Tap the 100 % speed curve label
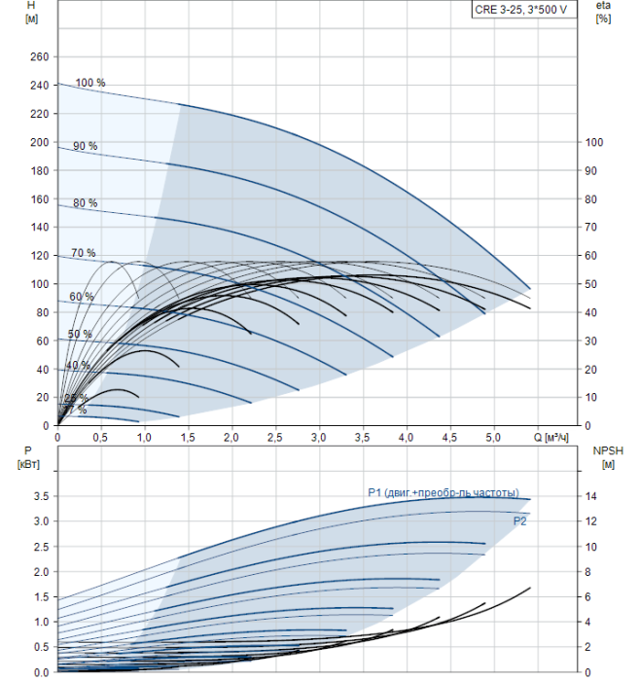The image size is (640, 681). pyautogui.click(x=90, y=83)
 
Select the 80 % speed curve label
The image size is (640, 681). pyautogui.click(x=86, y=203)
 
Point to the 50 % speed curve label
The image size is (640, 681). pyautogui.click(x=80, y=335)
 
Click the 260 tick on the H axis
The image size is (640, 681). pyautogui.click(x=39, y=57)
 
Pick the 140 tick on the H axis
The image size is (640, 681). pyautogui.click(x=39, y=227)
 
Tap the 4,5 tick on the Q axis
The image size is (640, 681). pyautogui.click(x=449, y=439)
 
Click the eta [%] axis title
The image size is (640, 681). pyautogui.click(x=603, y=13)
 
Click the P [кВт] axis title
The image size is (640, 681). pyautogui.click(x=26, y=456)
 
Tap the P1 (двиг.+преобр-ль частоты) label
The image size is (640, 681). pyautogui.click(x=443, y=493)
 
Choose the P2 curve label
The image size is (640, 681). pyautogui.click(x=520, y=522)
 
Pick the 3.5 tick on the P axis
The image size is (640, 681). pyautogui.click(x=39, y=496)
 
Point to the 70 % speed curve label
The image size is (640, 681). pyautogui.click(x=84, y=253)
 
